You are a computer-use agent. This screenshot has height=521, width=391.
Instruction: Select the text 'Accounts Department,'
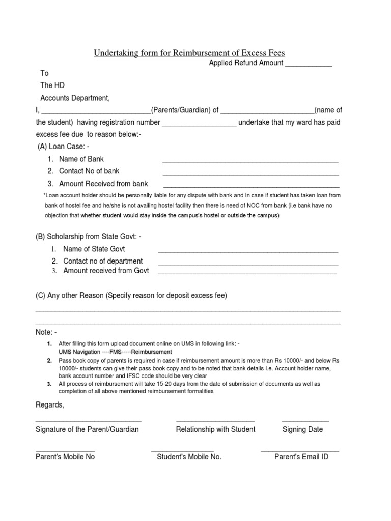75,98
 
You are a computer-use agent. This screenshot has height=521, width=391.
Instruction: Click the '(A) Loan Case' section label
63,147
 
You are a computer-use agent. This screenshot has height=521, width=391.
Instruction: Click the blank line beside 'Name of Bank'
250,161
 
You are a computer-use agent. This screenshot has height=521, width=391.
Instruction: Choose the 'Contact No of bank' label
89,171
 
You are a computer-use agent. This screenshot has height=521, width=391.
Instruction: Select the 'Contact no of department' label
103,261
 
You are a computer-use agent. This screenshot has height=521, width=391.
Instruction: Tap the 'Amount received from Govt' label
106,271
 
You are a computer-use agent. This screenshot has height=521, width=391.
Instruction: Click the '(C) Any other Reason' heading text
131,296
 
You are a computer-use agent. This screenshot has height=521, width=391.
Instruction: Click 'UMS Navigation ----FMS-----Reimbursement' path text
115,352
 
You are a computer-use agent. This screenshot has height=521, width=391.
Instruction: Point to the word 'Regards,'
50,405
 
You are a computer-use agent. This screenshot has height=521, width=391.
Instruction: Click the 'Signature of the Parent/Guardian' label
87,429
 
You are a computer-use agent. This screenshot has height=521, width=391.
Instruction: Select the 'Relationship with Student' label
215,429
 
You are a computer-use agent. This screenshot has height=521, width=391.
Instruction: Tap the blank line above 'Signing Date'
305,420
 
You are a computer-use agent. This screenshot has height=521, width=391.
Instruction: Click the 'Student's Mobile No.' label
189,457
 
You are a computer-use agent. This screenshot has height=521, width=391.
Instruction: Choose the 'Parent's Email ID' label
301,457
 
